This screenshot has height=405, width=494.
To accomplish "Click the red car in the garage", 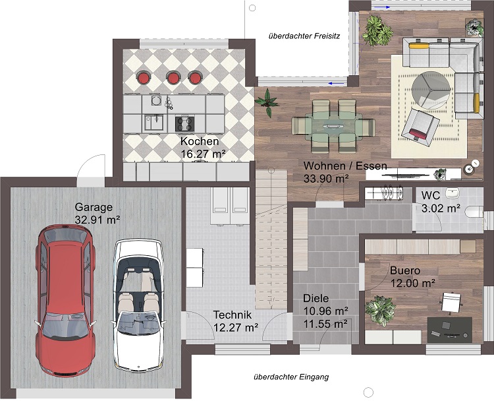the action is [65, 301].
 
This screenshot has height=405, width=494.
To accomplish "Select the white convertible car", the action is [138, 305].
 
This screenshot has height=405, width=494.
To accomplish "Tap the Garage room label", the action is [94, 207].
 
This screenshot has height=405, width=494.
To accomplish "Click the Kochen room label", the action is [200, 141].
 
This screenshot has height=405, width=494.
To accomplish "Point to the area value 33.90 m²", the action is [326, 179].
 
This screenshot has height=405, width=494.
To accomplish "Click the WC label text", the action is [430, 195].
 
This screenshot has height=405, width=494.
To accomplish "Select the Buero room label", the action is [405, 270].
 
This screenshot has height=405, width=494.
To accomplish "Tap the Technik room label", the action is [233, 315].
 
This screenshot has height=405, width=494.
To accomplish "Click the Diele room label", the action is [316, 298].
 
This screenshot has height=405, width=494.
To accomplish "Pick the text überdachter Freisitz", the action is [304, 36].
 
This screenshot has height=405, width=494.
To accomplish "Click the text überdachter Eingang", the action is [291, 377].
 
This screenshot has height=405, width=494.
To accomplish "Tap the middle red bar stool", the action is [173, 77].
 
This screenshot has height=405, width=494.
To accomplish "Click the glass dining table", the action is [333, 126].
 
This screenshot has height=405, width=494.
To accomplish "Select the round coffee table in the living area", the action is [431, 90].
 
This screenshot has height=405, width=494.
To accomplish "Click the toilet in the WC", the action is [474, 212].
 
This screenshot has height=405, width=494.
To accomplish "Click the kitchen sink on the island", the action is [153, 123].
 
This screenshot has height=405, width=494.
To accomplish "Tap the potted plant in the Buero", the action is [380, 311].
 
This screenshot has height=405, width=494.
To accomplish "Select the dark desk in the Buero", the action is [450, 330].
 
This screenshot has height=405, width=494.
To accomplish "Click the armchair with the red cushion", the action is [420, 125].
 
